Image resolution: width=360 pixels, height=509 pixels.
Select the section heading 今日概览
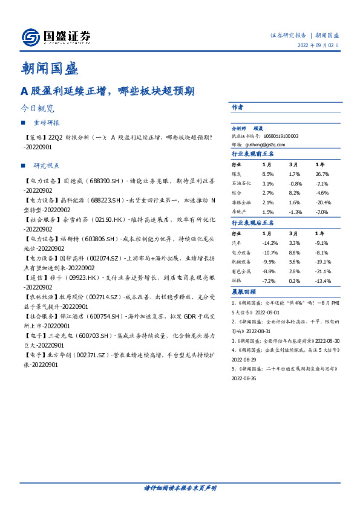[38, 109]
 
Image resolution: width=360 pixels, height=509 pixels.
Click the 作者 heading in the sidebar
[237, 107]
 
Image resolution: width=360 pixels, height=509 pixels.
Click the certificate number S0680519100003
[278, 137]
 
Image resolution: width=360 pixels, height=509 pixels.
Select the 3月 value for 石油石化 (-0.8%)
[295, 183]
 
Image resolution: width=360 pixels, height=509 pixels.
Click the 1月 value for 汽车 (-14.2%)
[269, 242]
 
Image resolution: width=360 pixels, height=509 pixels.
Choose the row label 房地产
[240, 212]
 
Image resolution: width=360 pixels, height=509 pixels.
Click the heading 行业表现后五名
[254, 223]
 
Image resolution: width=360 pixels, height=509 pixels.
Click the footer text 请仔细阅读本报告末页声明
[180, 488]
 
